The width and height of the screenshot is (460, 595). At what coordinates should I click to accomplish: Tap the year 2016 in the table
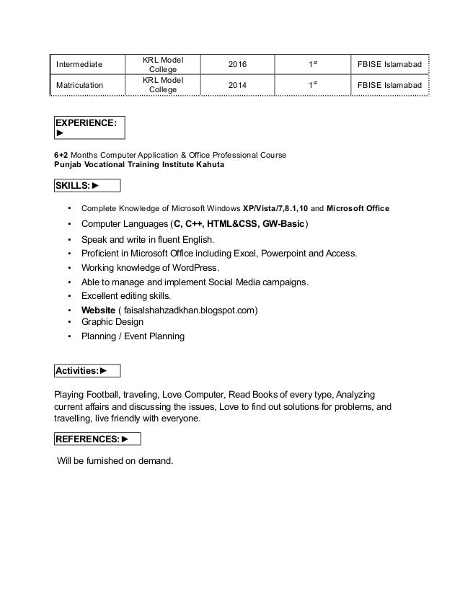coord(236,65)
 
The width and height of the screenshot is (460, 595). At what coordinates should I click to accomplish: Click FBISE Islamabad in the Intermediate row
coord(389,65)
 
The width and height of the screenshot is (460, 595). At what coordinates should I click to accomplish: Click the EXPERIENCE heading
coord(85,123)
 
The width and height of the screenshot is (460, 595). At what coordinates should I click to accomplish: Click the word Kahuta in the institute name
coord(206,165)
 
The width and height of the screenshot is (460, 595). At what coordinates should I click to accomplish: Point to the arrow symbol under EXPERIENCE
coord(59,133)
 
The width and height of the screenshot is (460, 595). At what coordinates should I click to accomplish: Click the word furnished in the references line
coord(108,460)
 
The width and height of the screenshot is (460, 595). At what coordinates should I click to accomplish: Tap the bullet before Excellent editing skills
coord(68,296)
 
